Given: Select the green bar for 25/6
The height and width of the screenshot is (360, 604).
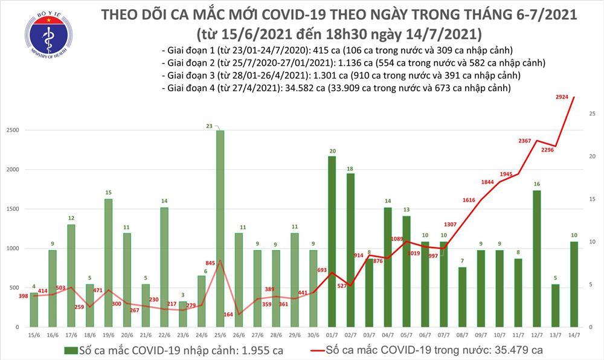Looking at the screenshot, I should [x=220, y=228].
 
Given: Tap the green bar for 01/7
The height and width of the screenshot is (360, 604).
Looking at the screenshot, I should [x=332, y=242].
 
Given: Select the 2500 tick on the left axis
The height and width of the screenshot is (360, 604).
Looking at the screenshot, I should [x=13, y=131].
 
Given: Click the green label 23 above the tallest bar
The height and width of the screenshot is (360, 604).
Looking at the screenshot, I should [x=209, y=126].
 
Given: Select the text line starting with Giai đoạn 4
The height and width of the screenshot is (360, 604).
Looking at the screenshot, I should [x=336, y=88].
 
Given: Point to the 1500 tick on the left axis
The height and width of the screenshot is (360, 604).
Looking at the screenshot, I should [x=13, y=210].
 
